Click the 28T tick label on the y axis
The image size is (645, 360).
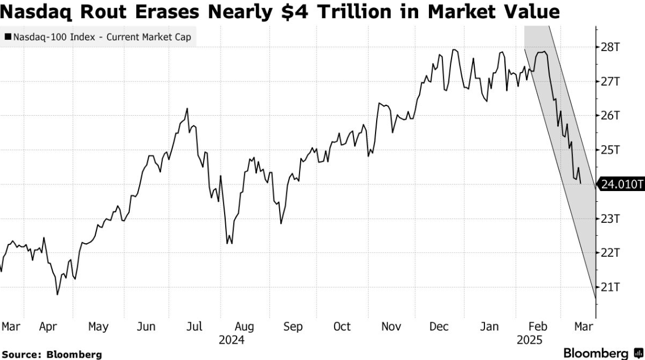coord(610,47)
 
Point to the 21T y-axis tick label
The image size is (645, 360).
coord(610,287)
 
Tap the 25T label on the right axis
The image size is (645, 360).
coord(610,150)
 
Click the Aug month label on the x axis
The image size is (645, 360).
coord(244,327)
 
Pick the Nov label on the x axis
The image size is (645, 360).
coord(391,327)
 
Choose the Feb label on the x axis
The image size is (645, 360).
coord(538,327)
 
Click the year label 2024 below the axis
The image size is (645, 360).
coord(231,340)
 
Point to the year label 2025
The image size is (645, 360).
coord(529,340)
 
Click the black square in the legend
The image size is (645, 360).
coord(7,38)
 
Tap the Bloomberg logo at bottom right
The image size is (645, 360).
coord(603,353)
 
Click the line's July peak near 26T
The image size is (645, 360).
coord(187,109)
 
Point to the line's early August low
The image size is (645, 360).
coord(227,243)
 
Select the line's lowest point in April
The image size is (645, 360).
coord(57,294)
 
